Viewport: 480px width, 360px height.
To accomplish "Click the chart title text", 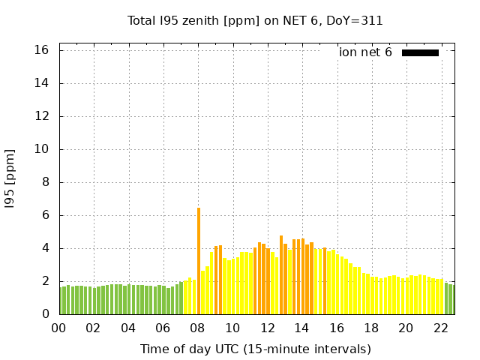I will [x=255, y=20].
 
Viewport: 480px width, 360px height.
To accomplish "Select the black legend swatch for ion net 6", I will [x=420, y=52].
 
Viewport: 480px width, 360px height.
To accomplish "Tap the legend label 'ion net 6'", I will [x=365, y=52].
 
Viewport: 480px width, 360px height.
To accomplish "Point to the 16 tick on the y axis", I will [x=41, y=50].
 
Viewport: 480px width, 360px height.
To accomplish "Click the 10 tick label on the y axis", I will [x=41, y=149].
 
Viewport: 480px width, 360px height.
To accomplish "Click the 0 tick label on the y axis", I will [x=45, y=314].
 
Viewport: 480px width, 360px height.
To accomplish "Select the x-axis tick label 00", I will [x=58, y=328].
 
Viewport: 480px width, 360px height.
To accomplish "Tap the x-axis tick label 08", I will [x=198, y=328].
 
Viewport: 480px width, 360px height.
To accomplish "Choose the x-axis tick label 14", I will [x=301, y=328].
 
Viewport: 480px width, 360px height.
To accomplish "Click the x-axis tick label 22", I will [x=440, y=328].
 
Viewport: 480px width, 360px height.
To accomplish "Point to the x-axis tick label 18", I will [x=371, y=328].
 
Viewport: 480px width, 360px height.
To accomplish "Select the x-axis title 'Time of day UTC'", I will [x=255, y=349].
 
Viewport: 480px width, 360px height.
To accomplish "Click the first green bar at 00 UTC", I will [x=61, y=301].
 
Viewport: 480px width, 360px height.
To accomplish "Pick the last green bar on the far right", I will [x=451, y=299].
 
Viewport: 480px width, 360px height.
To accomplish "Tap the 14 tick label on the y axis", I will [x=41, y=83].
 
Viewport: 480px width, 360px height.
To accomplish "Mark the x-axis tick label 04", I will [x=128, y=328].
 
